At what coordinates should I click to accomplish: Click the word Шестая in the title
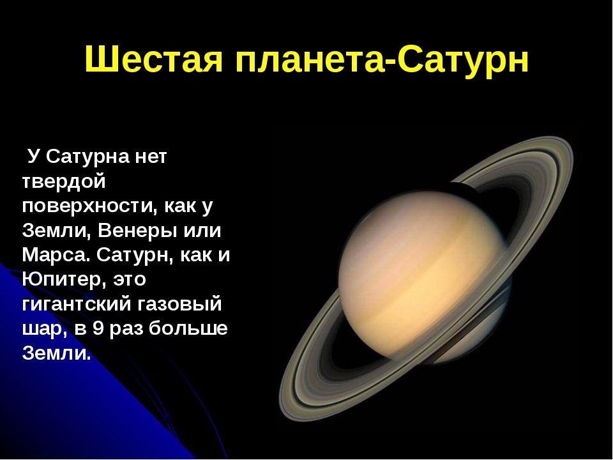[x=154, y=59]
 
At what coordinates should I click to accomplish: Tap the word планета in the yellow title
[x=310, y=59]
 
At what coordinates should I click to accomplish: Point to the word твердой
[x=64, y=182]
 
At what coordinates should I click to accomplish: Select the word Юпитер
[x=64, y=279]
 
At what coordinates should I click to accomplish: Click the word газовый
[x=175, y=304]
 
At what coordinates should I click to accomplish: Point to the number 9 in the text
[x=98, y=328]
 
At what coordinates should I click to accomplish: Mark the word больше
[x=188, y=328]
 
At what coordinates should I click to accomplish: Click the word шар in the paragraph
[x=42, y=329]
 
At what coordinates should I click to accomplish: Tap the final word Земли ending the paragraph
[x=56, y=353]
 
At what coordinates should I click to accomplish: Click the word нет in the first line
[x=150, y=157]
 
